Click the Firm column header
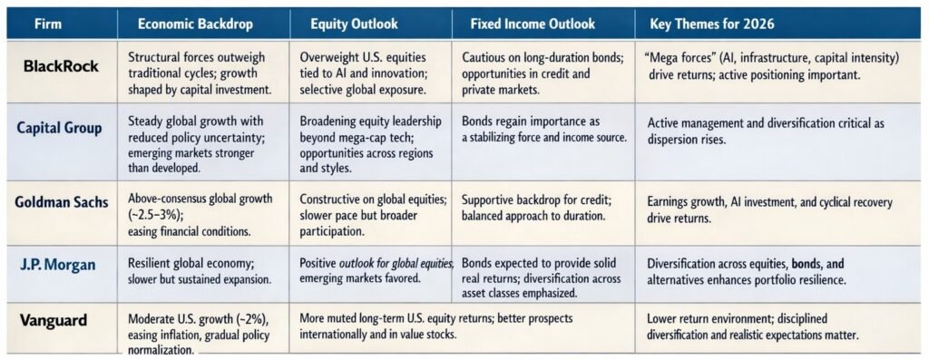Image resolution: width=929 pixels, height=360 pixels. point(47,24)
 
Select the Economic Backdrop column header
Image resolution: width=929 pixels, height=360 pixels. point(195,24)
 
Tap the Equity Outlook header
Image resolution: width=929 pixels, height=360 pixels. point(355,24)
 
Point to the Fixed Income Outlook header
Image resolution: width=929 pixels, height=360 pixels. point(533,24)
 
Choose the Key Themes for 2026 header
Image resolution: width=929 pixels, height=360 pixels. point(711,24)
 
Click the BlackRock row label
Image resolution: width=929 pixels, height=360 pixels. point(61,66)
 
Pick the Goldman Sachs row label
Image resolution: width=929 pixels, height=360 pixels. point(63,202)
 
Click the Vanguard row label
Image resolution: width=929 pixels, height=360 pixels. point(54,320)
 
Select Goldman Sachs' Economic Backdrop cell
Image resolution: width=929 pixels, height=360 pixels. point(200,214)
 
